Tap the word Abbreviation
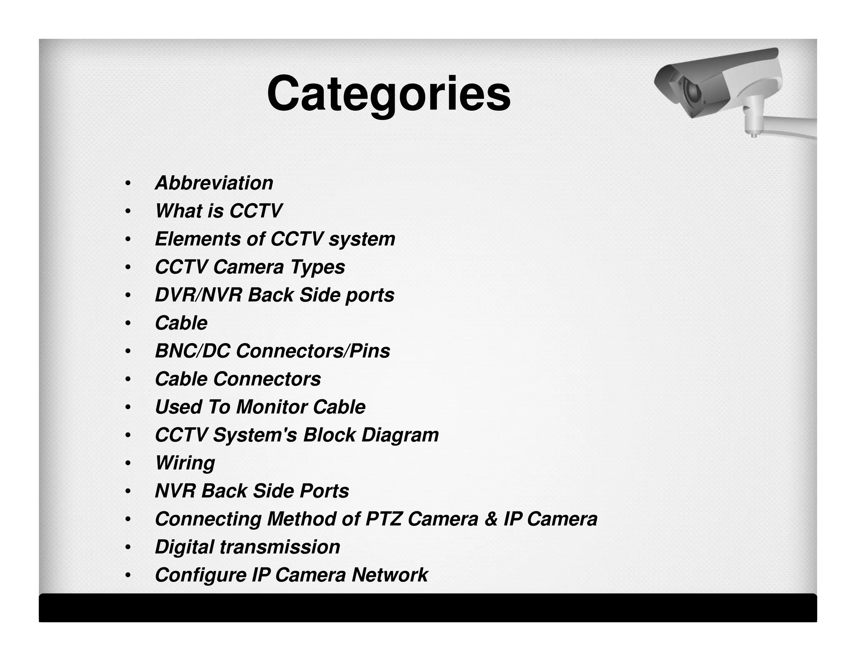coord(214,183)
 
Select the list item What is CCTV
coord(219,211)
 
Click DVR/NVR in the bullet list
coord(198,295)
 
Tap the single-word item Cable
coord(181,323)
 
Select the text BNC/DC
coord(192,351)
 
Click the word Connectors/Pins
coord(313,351)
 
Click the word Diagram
coord(400,435)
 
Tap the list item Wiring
coord(185,463)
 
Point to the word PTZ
coord(384,519)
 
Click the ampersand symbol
coord(491,519)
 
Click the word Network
coord(390,575)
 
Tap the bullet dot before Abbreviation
coord(128,183)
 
